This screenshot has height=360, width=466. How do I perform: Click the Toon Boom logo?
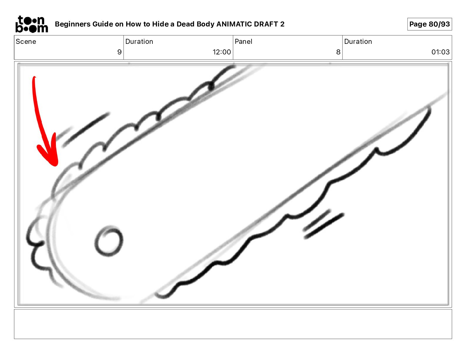(x=32, y=24)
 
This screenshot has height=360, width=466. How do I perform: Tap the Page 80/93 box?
(x=430, y=24)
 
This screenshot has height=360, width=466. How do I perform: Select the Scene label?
(x=26, y=41)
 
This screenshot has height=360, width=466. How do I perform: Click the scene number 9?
(x=119, y=52)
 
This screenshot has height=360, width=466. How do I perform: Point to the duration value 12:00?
(x=222, y=52)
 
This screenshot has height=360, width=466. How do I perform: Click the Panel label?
(x=243, y=41)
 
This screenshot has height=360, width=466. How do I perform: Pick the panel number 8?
(x=338, y=52)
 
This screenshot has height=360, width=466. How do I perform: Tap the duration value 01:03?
(x=440, y=52)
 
